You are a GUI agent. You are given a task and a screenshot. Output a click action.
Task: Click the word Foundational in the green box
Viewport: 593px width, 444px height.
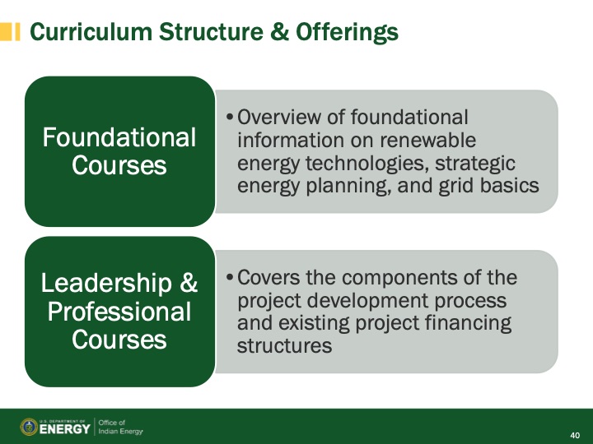tap(119, 137)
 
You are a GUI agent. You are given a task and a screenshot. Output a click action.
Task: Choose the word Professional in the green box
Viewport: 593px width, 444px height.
tap(119, 312)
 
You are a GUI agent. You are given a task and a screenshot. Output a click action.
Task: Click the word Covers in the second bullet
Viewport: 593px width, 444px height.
tap(268, 278)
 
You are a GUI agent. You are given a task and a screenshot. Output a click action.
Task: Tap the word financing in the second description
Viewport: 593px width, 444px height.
tap(467, 323)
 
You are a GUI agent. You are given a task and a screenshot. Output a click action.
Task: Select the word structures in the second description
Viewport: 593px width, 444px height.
tap(284, 346)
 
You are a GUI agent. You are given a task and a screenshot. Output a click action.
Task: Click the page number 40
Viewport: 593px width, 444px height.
tap(575, 434)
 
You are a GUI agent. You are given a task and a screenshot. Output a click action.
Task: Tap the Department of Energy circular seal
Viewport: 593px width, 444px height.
tap(29, 427)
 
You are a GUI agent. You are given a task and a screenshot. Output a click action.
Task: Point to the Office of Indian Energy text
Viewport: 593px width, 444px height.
tap(120, 427)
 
